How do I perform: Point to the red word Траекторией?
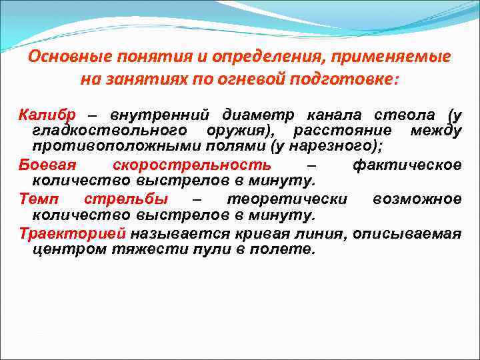73,234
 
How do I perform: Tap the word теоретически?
287,199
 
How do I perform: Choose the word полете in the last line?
284,250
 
